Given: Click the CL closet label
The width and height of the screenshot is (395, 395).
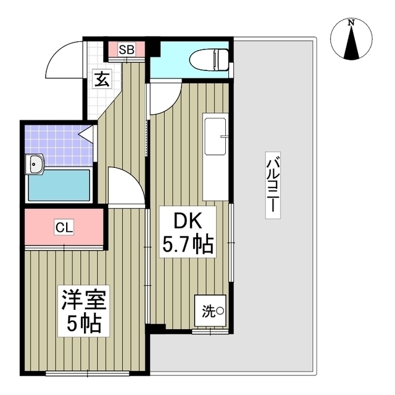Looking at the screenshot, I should [x=64, y=228].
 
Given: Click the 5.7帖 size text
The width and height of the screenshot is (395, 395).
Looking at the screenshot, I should [x=188, y=246].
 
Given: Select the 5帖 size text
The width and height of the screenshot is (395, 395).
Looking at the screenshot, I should [x=85, y=323].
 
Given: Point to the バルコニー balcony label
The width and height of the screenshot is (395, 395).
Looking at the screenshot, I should [x=272, y=184].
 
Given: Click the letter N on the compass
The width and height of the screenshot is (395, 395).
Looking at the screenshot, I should [x=351, y=23].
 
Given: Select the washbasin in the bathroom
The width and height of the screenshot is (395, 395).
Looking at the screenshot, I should [x=35, y=164].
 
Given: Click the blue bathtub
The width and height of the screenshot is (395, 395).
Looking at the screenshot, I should [x=59, y=185].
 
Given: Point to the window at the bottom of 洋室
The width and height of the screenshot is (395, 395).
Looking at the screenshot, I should [x=86, y=373].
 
